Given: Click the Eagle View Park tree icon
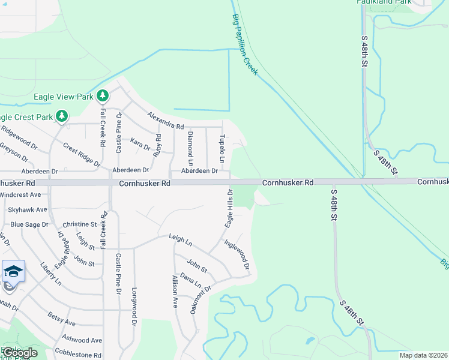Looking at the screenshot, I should point(103,95).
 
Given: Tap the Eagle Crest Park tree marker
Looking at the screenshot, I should point(61,115).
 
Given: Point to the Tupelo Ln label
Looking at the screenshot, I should point(221,148).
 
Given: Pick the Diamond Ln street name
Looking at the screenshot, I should point(190,149).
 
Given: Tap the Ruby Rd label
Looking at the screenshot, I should point(157,145).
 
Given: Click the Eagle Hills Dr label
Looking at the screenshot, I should point(229,208).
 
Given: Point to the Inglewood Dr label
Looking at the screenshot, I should point(237,254).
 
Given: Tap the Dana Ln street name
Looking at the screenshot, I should point(191,281).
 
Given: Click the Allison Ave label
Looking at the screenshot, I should point(175,290).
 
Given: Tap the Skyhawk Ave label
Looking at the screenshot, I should point(28,209).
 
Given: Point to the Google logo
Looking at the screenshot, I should point(20,353).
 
